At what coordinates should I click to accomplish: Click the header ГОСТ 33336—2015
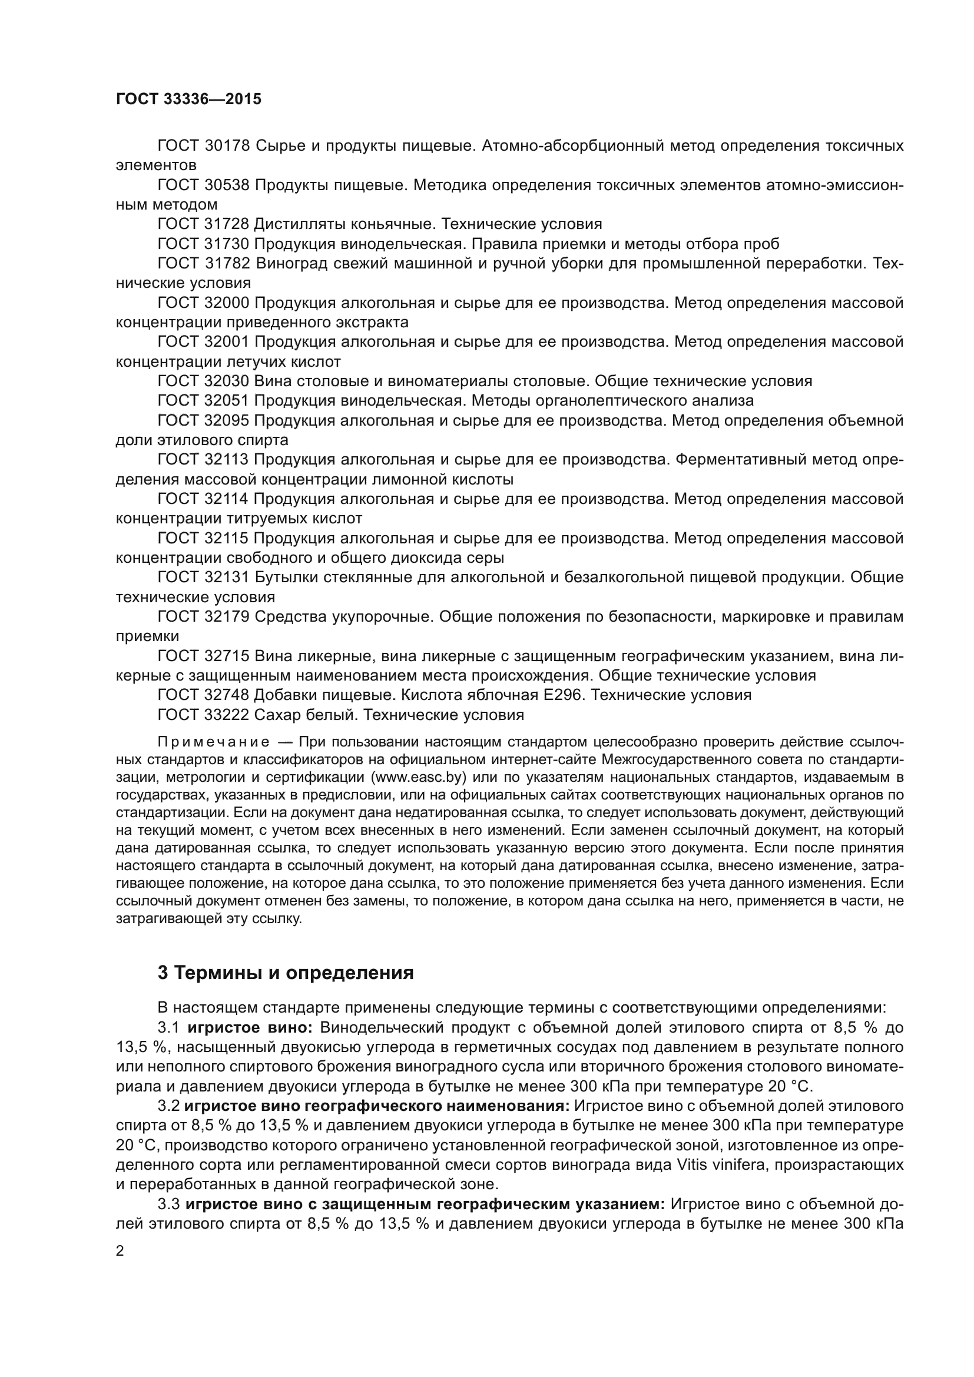(188, 99)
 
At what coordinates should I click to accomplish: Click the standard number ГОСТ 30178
(203, 146)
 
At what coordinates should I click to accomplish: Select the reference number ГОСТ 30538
(203, 185)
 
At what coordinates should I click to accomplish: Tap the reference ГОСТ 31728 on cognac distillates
(203, 224)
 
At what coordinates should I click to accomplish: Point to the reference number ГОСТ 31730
(203, 244)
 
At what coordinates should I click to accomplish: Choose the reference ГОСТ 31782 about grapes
(203, 264)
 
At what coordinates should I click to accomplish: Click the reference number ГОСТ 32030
(203, 381)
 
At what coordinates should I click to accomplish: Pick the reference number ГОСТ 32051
(203, 401)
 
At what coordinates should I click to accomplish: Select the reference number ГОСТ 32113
(203, 460)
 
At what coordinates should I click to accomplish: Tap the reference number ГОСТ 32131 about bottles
(203, 578)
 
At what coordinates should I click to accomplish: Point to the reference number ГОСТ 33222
(203, 715)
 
